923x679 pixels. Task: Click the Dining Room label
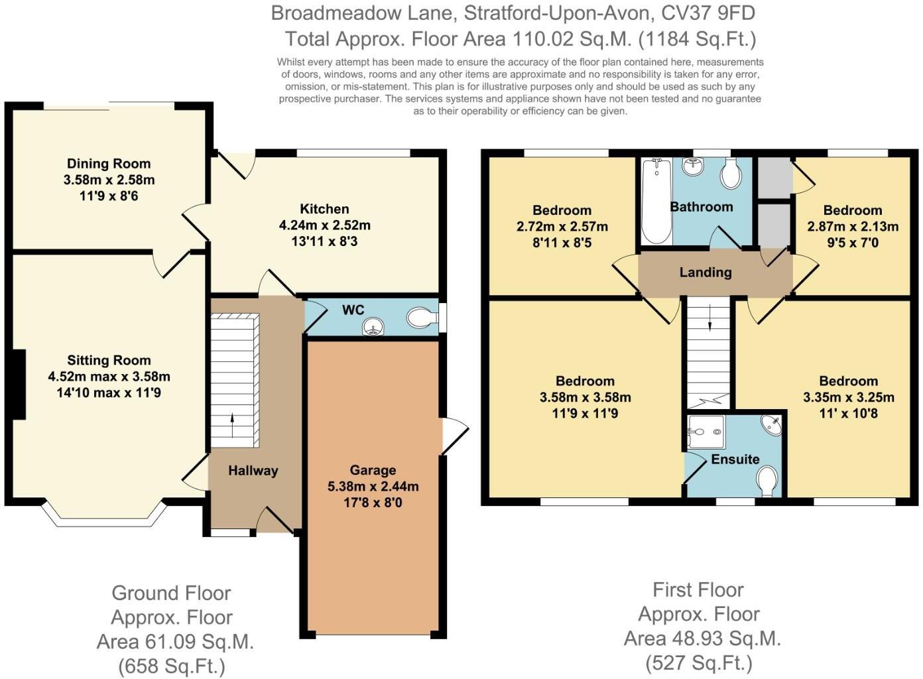click(109, 164)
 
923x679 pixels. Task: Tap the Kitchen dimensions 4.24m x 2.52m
click(324, 225)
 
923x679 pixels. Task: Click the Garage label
click(373, 470)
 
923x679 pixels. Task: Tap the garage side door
click(454, 435)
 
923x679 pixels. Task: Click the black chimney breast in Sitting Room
click(19, 384)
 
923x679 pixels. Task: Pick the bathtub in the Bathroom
click(656, 201)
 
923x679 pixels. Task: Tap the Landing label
click(705, 273)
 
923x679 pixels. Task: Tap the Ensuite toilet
click(767, 481)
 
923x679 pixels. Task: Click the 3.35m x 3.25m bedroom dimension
click(848, 398)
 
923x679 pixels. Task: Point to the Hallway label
click(253, 471)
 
